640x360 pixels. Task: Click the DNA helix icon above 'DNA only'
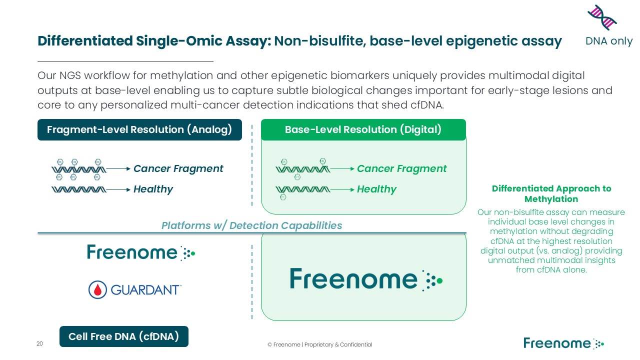602,17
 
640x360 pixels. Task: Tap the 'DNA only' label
609,41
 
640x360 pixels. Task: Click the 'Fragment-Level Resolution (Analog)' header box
139,130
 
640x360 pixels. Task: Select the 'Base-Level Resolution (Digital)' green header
363,130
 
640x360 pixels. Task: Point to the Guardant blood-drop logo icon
97,289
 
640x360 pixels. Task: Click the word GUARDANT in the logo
145,290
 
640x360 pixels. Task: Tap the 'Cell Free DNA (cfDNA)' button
123,336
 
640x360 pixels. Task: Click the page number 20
39,344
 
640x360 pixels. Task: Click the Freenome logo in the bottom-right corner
563,343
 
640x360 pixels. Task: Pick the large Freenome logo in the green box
365,279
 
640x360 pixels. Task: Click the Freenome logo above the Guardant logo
140,252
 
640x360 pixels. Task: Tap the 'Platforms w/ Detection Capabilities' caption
251,225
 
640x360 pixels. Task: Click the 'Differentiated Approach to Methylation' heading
551,193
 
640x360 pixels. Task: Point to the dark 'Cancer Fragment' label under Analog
178,169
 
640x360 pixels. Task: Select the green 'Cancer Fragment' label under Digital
402,169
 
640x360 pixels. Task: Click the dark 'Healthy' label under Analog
153,189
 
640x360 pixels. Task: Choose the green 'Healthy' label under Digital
376,189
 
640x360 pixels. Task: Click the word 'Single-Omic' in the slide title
168,41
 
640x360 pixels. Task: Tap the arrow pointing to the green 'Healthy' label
342,189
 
